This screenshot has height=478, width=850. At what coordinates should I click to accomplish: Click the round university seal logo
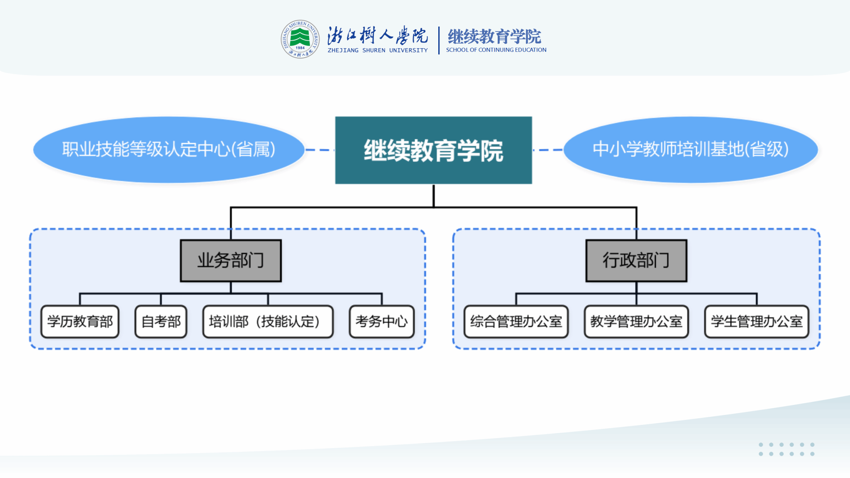[300, 39]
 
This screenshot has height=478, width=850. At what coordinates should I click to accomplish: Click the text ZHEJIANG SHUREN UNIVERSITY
[377, 51]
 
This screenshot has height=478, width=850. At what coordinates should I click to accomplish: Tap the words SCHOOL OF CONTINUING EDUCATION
[496, 50]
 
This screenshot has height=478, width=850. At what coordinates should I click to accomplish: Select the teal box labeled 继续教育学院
[433, 150]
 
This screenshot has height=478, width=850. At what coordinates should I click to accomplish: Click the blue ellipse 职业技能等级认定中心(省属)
[169, 150]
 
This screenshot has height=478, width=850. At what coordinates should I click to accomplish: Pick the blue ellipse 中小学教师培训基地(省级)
[690, 150]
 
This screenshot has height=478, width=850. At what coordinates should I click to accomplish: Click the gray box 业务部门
[231, 261]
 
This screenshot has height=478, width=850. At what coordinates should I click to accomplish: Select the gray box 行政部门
[636, 261]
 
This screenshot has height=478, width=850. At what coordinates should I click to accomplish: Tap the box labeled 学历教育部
[80, 322]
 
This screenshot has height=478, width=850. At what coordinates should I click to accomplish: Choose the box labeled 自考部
[161, 322]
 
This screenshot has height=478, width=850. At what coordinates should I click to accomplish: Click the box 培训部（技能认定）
[268, 322]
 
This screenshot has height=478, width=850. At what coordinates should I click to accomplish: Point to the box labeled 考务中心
[382, 322]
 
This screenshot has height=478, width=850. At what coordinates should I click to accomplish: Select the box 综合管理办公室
[516, 322]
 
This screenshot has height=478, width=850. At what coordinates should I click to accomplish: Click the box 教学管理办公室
[636, 322]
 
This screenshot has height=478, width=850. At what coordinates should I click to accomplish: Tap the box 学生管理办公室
[757, 322]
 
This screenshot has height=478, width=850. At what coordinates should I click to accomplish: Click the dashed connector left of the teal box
[320, 150]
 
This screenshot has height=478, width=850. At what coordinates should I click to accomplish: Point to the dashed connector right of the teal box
[547, 150]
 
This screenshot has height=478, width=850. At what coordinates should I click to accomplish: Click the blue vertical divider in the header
[439, 40]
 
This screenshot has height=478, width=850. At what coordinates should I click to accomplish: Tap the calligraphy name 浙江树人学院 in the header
[377, 36]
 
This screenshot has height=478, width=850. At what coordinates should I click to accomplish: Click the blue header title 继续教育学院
[494, 37]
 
